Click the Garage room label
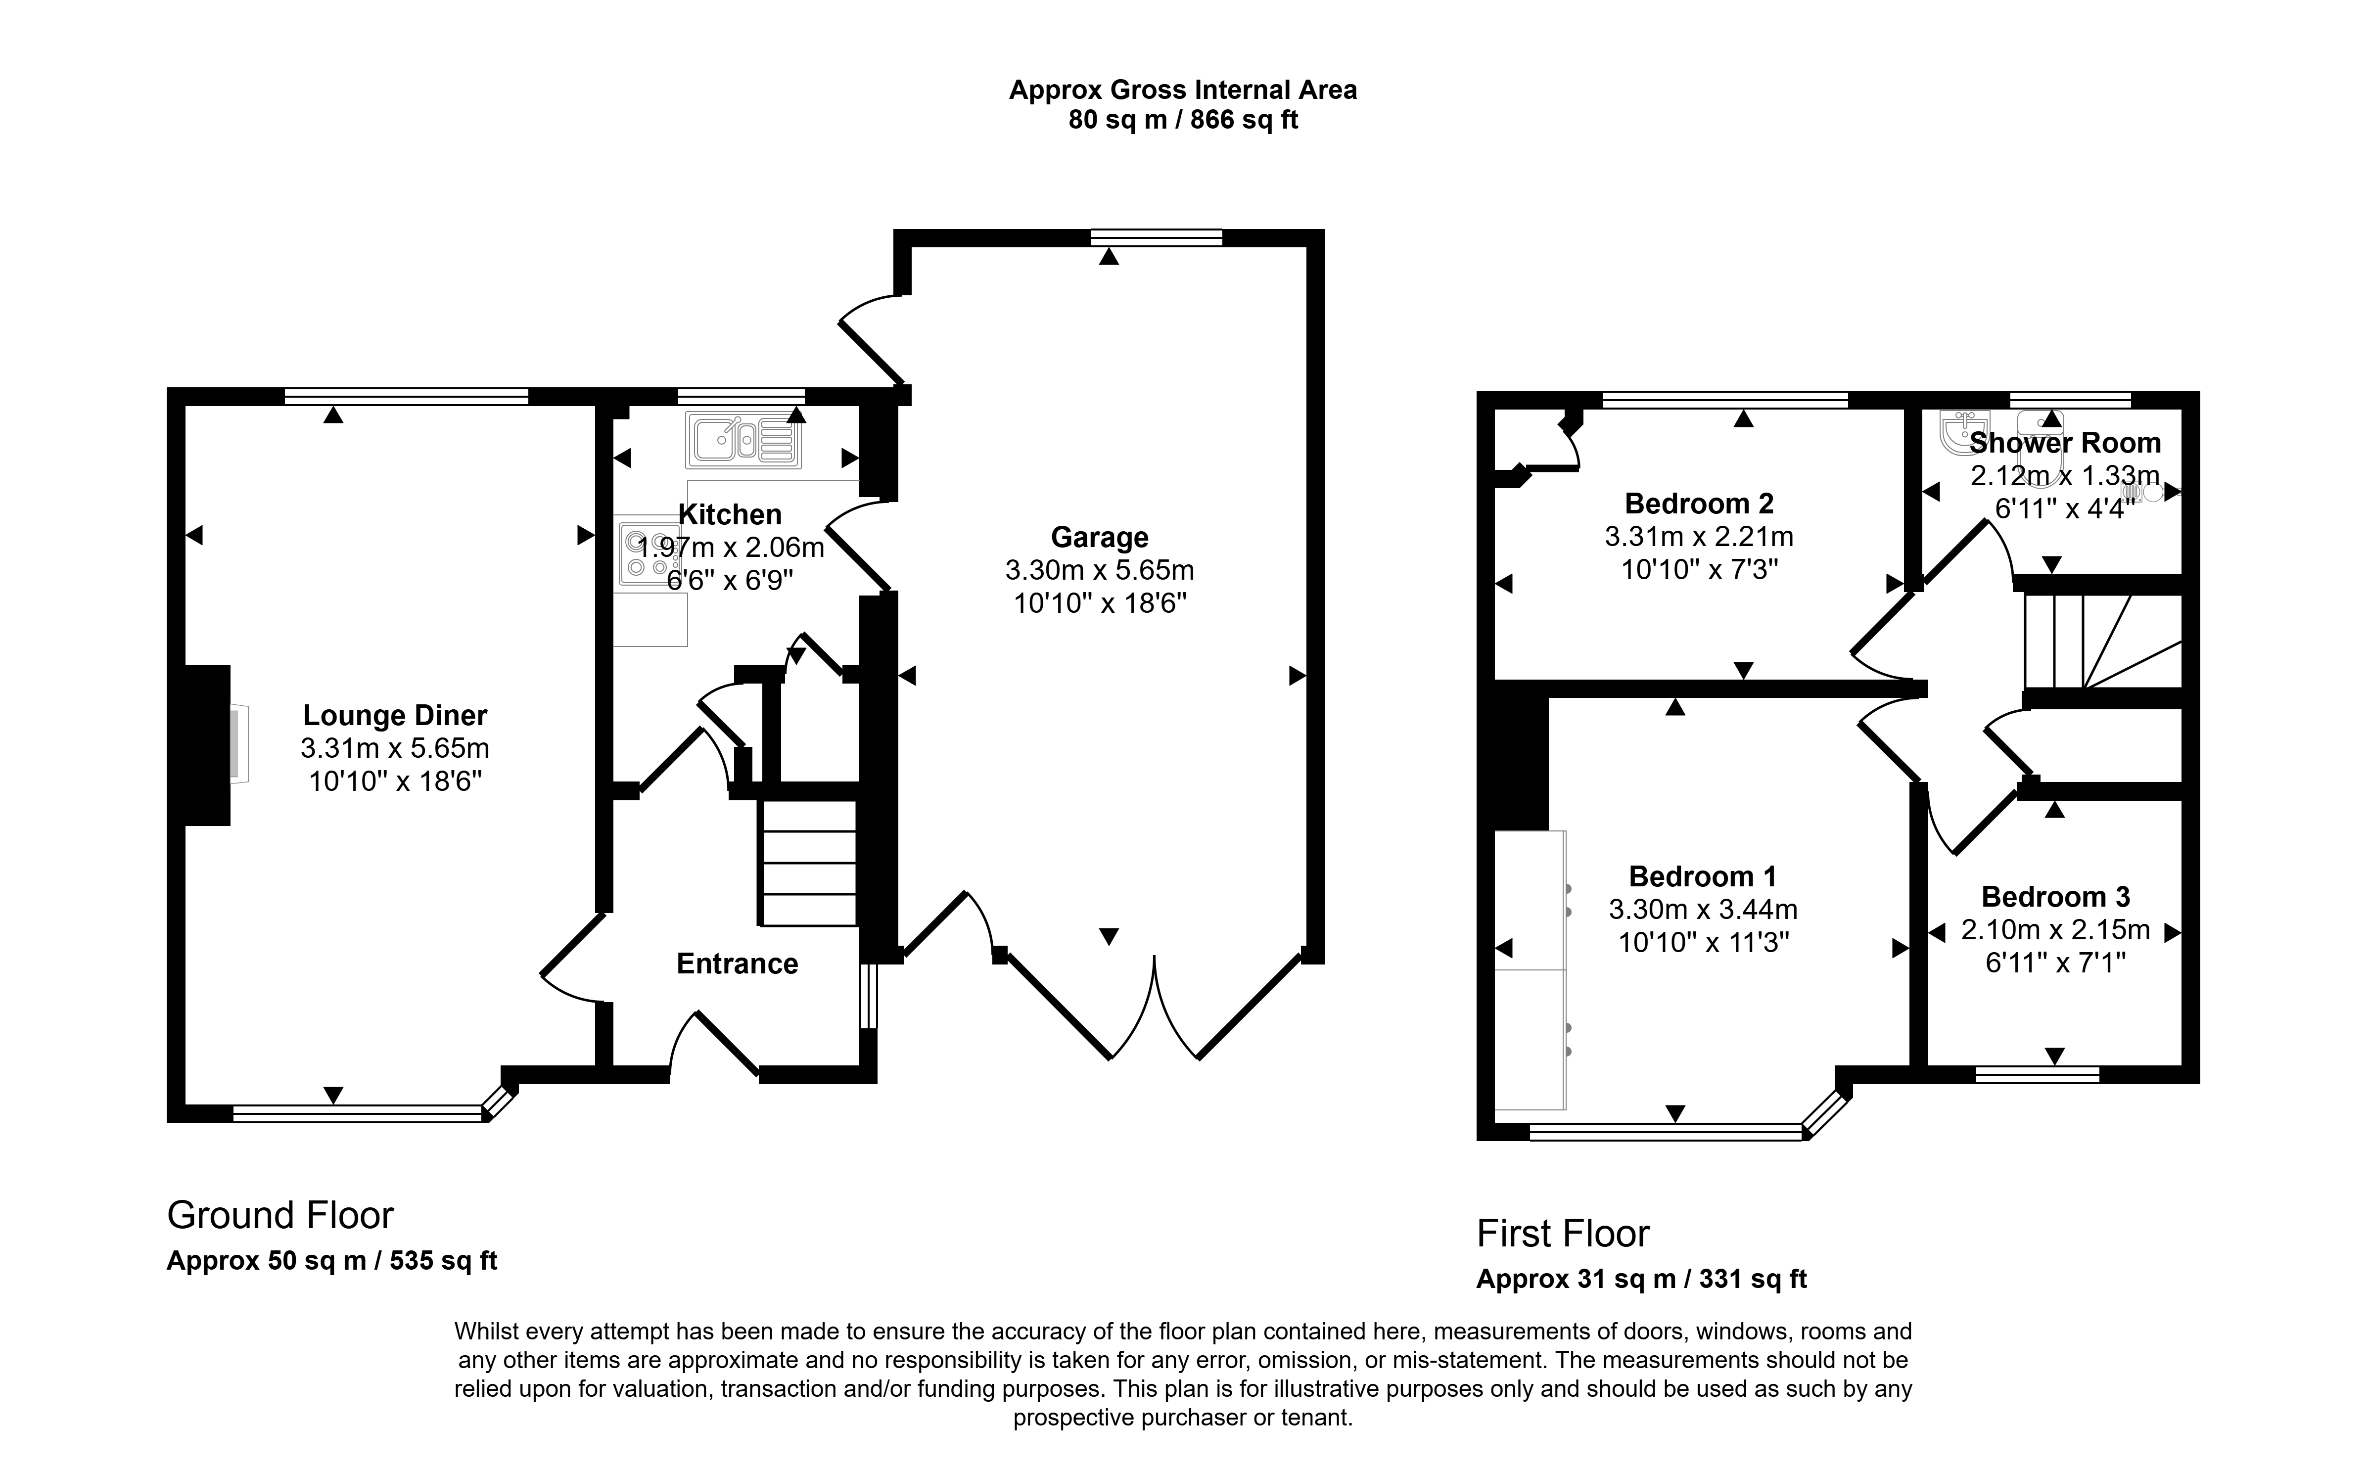click(x=1099, y=537)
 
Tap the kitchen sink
click(x=743, y=440)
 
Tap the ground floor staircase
click(x=807, y=863)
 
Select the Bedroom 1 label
click(x=1702, y=876)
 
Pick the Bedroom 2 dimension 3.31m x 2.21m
click(x=1699, y=536)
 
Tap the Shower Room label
click(x=2065, y=443)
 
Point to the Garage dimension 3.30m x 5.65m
click(x=1099, y=570)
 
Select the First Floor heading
click(x=1563, y=1234)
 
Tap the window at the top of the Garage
click(x=1157, y=238)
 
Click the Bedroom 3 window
click(x=2038, y=1074)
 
